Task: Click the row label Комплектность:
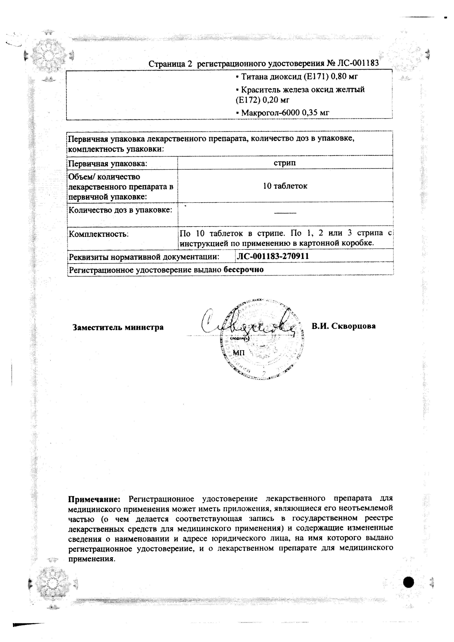[x=99, y=234]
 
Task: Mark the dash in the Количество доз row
[x=285, y=213]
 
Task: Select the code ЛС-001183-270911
[x=273, y=256]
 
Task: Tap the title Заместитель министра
[x=118, y=327]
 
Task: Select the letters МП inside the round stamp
[x=239, y=353]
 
